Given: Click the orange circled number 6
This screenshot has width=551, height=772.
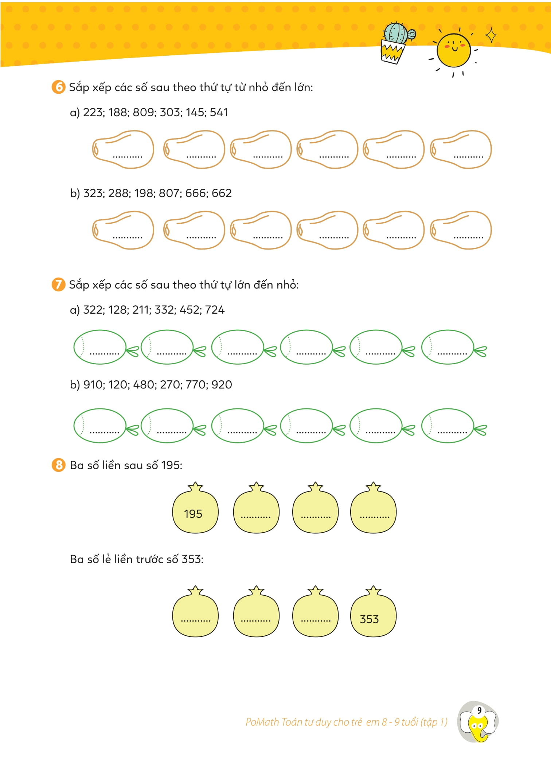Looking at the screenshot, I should click(x=58, y=87).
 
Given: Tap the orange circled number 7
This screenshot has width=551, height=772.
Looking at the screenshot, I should click(x=58, y=284).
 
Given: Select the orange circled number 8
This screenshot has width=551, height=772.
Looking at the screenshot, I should click(x=58, y=465).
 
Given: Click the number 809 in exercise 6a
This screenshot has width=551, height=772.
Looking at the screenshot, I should click(x=143, y=112).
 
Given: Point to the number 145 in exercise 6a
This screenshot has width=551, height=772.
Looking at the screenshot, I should click(x=195, y=112).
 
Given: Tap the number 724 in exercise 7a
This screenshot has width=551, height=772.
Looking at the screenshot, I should click(x=215, y=310).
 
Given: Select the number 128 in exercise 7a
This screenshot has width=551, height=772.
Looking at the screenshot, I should click(x=118, y=310).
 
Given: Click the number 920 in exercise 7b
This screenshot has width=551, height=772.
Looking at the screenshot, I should click(x=222, y=385).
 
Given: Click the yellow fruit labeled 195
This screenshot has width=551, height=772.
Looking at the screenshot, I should click(x=195, y=510).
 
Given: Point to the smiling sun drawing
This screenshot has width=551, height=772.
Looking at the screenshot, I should click(x=454, y=50).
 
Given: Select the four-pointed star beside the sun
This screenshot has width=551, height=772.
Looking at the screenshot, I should click(x=491, y=35).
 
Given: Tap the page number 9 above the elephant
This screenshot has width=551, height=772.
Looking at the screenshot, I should click(x=479, y=710).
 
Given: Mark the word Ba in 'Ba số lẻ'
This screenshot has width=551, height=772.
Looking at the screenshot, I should click(x=77, y=559).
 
